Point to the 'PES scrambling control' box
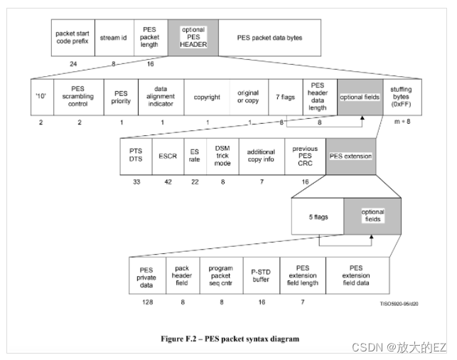(x=78, y=96)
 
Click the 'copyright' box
(x=206, y=96)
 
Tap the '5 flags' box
(x=318, y=216)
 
